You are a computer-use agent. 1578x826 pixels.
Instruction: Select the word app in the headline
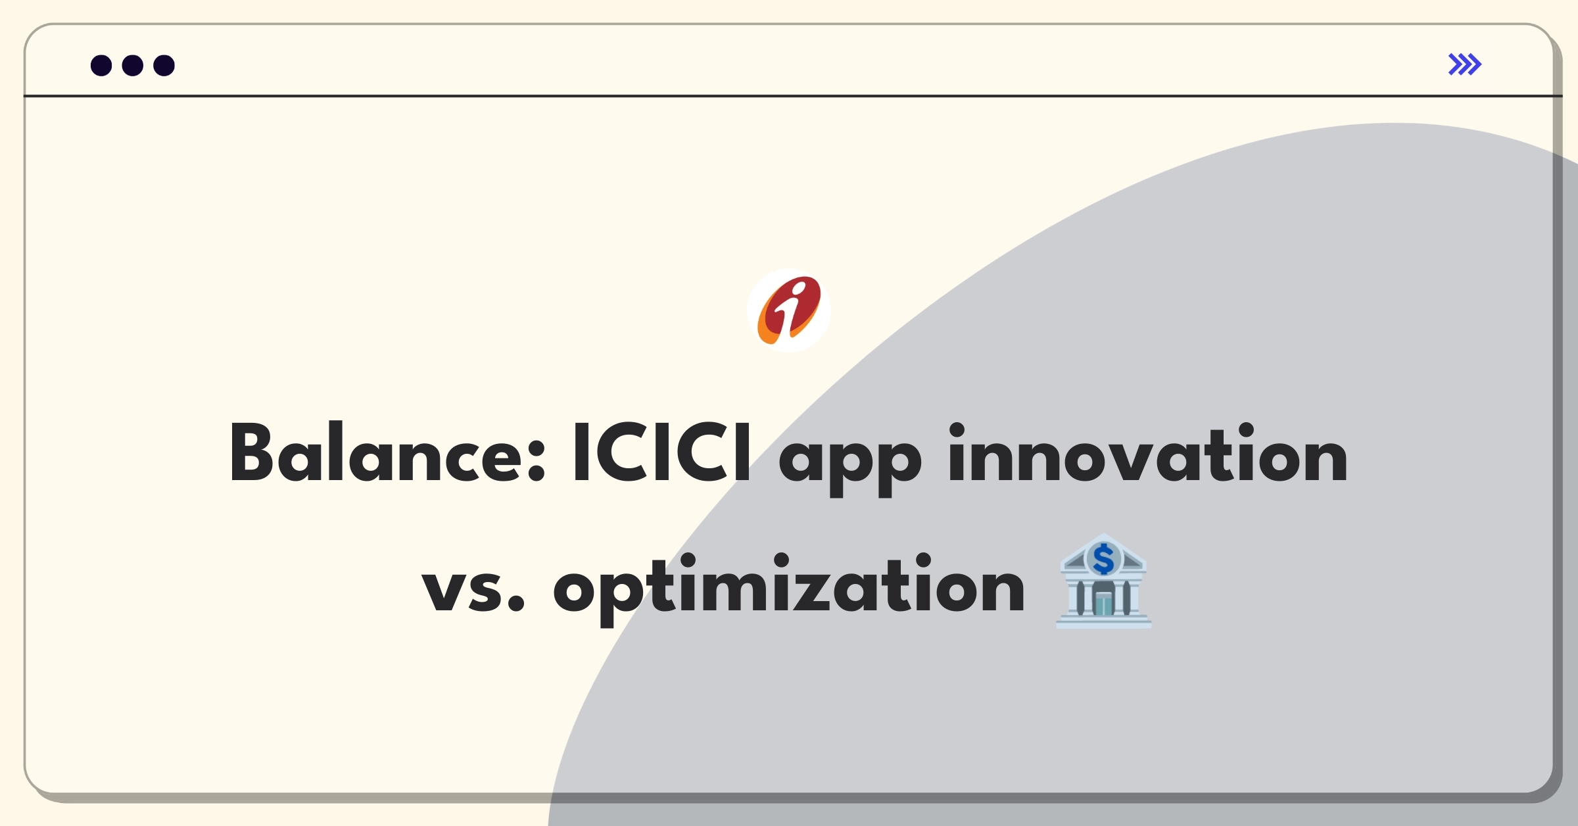849,460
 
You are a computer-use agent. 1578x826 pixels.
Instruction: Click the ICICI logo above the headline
789,310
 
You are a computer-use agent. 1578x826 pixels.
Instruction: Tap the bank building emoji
1104,582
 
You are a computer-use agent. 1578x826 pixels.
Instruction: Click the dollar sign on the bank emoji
1104,560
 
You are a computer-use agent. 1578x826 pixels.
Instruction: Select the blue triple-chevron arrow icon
1465,64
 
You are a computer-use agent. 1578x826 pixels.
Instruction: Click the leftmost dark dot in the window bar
101,66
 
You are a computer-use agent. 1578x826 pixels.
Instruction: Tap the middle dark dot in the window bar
133,66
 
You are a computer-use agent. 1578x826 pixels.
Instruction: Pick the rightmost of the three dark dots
164,66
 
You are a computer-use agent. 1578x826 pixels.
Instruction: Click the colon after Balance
537,460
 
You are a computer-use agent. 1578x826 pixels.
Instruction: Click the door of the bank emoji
1104,604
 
